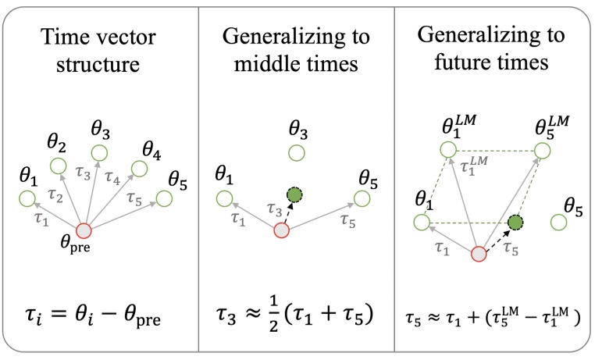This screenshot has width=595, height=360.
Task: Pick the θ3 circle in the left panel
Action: pos(98,151)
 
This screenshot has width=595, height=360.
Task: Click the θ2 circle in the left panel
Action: pos(58,166)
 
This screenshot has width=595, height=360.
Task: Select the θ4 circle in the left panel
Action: pos(139,167)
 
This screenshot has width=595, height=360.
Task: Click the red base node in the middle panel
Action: pos(282,230)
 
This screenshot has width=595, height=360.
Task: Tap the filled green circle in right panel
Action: pos(515,223)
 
